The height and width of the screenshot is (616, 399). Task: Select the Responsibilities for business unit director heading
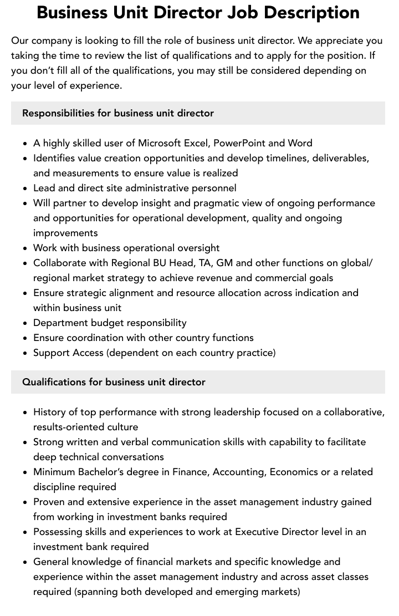[118, 113]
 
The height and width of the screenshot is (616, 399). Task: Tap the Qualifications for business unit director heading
[114, 382]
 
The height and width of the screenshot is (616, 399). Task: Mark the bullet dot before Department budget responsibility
[25, 323]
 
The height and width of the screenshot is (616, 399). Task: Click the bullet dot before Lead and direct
[25, 189]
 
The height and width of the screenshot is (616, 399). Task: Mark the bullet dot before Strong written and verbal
[25, 442]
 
